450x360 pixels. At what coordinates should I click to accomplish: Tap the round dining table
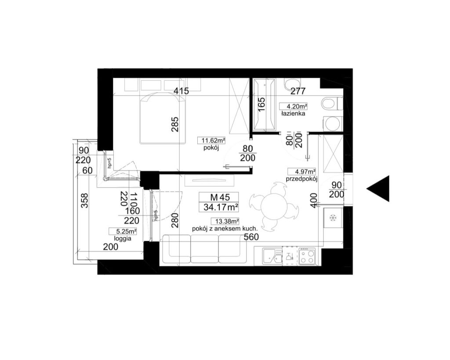click(274, 207)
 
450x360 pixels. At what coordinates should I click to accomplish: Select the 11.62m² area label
click(211, 141)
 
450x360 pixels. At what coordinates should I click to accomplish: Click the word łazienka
click(293, 114)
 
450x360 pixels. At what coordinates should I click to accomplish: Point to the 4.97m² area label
click(301, 172)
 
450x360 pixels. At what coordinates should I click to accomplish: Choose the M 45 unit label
click(220, 197)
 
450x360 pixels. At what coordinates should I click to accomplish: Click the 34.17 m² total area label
click(221, 207)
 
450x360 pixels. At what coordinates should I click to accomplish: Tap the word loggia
click(123, 239)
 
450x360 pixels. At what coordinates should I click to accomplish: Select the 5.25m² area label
click(123, 231)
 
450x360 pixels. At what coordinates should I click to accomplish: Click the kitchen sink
click(272, 256)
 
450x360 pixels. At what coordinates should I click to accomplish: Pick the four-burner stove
click(307, 256)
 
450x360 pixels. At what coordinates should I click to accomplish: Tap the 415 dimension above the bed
click(181, 91)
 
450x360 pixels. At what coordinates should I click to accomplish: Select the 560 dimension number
click(251, 237)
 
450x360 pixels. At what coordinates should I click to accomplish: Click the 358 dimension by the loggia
click(84, 201)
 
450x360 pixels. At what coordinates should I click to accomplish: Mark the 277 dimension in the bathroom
click(298, 91)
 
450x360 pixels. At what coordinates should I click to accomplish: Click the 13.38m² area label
click(225, 222)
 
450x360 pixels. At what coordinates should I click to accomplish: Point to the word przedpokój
click(301, 179)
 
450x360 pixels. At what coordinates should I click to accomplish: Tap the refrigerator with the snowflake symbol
click(333, 218)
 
